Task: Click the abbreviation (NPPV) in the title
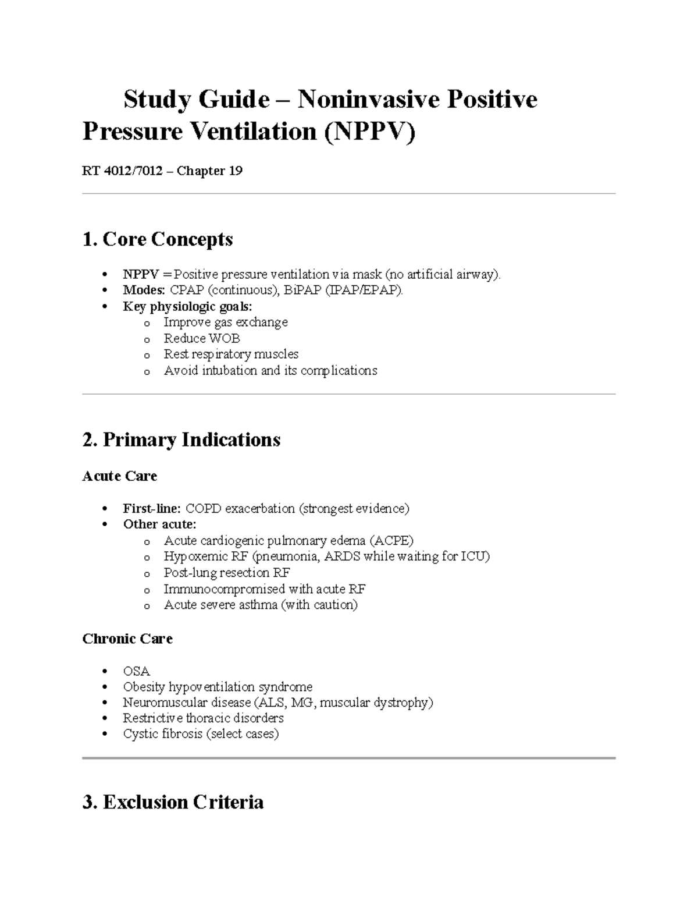click(369, 132)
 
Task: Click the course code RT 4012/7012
click(122, 171)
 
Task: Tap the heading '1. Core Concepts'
click(158, 239)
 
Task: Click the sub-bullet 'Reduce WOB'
click(202, 338)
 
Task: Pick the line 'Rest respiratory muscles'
click(231, 354)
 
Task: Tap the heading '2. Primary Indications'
click(181, 439)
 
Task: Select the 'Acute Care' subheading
click(120, 476)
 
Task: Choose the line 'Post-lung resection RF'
click(227, 572)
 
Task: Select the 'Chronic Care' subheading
click(127, 639)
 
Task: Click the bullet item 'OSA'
click(136, 671)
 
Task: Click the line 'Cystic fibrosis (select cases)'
click(201, 733)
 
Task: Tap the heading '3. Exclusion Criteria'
click(173, 802)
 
